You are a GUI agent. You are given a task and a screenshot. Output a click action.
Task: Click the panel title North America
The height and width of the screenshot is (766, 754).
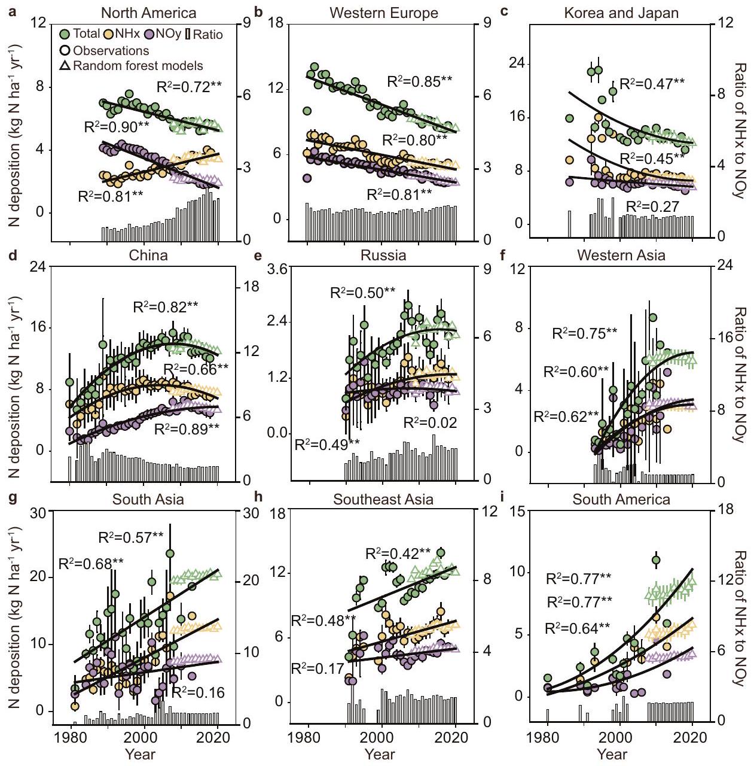(148, 13)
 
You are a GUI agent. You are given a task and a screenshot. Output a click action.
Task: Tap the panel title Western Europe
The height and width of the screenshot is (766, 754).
(383, 13)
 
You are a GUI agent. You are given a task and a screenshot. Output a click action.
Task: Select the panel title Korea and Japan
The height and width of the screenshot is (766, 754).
(621, 13)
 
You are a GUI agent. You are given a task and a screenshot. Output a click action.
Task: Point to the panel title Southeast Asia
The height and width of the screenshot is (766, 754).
(383, 499)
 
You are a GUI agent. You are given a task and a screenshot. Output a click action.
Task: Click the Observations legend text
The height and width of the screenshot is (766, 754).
(111, 51)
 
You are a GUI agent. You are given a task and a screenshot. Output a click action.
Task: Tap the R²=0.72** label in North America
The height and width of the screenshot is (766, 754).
(189, 87)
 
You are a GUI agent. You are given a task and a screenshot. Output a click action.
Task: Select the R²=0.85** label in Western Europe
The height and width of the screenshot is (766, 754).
(420, 81)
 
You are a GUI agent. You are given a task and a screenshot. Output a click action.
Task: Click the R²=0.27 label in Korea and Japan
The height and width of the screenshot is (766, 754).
(652, 207)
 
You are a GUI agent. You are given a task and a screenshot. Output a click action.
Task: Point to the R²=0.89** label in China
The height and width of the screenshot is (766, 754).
(187, 429)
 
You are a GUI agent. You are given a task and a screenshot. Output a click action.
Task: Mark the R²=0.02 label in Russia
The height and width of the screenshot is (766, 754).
(430, 422)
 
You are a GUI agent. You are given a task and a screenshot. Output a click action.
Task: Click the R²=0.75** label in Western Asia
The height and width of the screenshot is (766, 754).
(584, 333)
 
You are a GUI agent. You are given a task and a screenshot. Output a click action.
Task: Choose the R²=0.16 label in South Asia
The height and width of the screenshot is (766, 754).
(198, 693)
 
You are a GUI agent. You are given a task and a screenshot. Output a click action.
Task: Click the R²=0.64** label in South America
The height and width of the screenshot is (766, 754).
(578, 628)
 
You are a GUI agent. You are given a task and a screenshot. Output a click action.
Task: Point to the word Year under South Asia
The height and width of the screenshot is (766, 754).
(141, 754)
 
